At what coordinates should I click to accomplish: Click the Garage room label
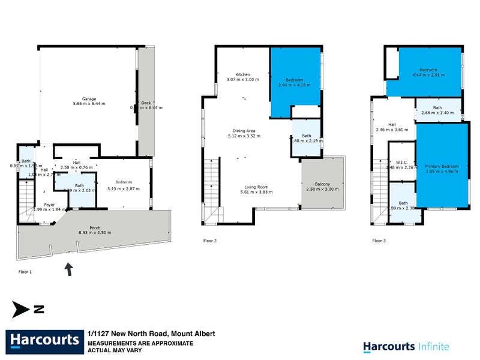click(x=89, y=98)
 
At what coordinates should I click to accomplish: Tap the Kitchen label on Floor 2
click(x=242, y=74)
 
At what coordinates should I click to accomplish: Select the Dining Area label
click(x=245, y=130)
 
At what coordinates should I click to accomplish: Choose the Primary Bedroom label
click(x=441, y=166)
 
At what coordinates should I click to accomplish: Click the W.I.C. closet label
click(x=403, y=161)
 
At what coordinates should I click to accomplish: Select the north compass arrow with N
click(x=28, y=310)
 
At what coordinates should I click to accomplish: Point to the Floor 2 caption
click(x=210, y=241)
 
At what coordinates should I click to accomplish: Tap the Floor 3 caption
click(x=379, y=241)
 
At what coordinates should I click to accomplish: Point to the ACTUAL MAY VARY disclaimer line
click(x=115, y=350)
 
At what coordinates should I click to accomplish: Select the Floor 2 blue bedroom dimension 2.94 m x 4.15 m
click(x=294, y=85)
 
